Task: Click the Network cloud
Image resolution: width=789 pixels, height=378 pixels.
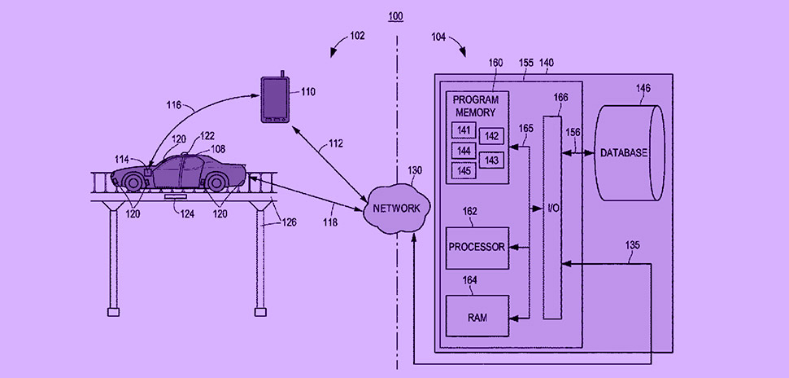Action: coord(396,208)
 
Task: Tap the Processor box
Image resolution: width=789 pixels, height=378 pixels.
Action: coord(477,248)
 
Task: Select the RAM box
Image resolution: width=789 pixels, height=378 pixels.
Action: coord(477,315)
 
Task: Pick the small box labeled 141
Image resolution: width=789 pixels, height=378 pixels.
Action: coord(464,130)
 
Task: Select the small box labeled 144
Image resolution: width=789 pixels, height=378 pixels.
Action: coord(464,150)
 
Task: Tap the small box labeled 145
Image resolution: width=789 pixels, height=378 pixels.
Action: coord(464,170)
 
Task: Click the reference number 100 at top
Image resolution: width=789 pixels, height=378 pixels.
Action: coord(395,16)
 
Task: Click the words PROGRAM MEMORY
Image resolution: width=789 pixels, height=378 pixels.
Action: coord(475,106)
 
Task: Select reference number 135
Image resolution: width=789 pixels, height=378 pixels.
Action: coord(633,244)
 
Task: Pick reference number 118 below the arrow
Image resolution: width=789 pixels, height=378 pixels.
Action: coord(329,221)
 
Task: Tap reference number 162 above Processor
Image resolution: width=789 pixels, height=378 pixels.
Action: coord(470,211)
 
